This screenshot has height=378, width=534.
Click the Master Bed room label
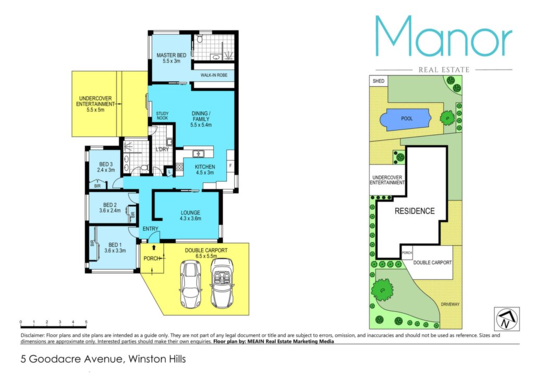pos(171,55)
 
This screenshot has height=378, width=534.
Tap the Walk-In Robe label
pos(214,75)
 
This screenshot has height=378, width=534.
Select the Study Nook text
pos(163,115)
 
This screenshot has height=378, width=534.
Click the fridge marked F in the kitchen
pos(230,166)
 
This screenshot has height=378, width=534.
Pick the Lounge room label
pos(190,212)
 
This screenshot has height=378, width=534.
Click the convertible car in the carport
pos(222,284)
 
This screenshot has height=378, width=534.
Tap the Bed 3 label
pos(106,164)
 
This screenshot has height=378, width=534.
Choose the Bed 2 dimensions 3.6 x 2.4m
pos(110,210)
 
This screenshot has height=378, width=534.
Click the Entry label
pos(150,229)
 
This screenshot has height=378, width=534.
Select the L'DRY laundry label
pos(162,149)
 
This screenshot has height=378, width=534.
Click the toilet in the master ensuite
pos(200,39)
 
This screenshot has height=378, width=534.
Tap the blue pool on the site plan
pos(406,119)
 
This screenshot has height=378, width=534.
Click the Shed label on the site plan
pos(379,81)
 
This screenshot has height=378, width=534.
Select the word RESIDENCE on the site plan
pos(415,211)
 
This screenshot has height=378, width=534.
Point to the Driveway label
pos(450,304)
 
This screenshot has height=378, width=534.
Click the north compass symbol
pos(506,319)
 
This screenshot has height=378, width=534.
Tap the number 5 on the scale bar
pos(86,322)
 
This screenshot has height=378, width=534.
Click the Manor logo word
pos(444,36)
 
